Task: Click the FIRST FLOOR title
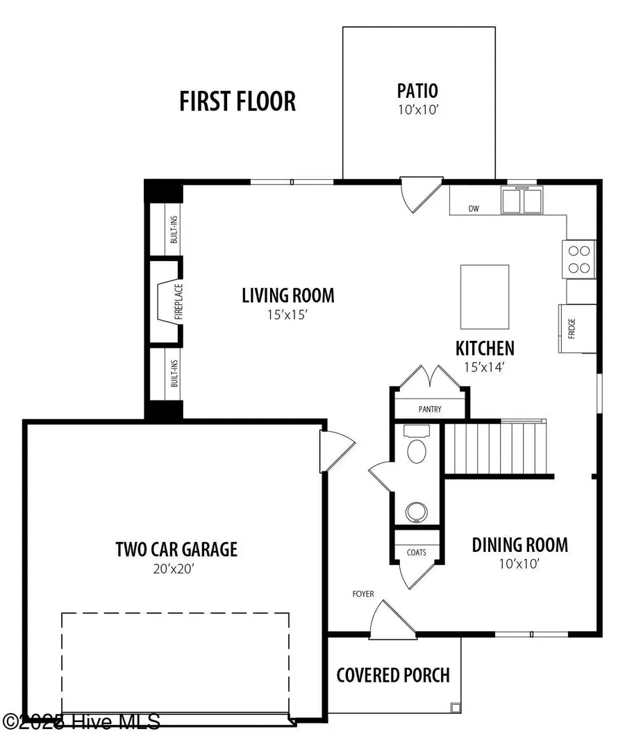(237, 101)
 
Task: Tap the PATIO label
(417, 90)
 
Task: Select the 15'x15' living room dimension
(287, 314)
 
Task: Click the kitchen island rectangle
(485, 296)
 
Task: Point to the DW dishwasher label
(474, 208)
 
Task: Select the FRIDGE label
(572, 327)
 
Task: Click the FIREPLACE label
(169, 302)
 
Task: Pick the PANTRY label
(429, 410)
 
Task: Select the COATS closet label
(417, 553)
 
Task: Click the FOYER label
(362, 594)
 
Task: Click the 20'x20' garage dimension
(176, 569)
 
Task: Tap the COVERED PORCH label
(393, 675)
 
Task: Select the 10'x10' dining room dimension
(519, 564)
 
